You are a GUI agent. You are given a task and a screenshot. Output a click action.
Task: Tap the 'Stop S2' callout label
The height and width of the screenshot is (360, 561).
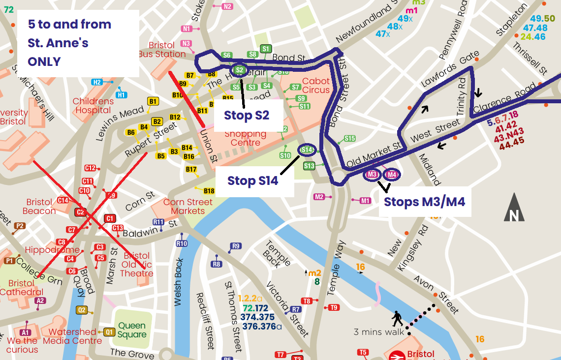[x=247, y=115]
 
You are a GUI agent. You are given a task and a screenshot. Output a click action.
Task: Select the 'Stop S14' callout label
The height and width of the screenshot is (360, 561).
[x=252, y=180]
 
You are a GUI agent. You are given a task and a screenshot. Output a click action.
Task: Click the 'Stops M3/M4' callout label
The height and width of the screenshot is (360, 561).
[x=424, y=202]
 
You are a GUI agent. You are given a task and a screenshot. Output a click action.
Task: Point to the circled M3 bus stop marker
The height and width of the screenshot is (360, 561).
[x=373, y=175]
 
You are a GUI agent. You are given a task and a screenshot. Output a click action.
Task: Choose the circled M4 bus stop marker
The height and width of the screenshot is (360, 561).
[x=391, y=175]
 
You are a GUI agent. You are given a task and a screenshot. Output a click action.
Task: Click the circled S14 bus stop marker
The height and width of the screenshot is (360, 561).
[x=307, y=150]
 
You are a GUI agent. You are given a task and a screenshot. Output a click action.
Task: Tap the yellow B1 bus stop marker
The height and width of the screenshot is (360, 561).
[x=153, y=102]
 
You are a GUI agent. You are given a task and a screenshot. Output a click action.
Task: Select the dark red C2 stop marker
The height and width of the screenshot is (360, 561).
[x=80, y=212]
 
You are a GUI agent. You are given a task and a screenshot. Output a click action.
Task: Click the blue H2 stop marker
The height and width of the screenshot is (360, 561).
[x=97, y=82]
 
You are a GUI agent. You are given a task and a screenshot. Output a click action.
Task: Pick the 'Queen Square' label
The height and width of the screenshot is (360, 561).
[x=131, y=330]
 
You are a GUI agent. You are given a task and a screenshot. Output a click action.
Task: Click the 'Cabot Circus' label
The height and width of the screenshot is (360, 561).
[x=316, y=86]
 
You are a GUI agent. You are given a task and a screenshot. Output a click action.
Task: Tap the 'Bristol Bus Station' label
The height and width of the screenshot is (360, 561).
[x=162, y=50]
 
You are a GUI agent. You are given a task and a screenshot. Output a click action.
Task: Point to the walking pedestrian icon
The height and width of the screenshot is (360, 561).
[x=397, y=319]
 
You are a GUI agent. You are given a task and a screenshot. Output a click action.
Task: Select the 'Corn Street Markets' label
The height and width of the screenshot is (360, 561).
[x=187, y=207]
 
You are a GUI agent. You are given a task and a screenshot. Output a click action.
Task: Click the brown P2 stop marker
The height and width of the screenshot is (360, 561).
[x=19, y=226]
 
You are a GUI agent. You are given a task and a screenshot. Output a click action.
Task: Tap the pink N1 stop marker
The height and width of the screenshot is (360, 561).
[x=187, y=29]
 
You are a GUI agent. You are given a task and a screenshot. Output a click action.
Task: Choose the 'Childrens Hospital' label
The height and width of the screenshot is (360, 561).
[x=93, y=106]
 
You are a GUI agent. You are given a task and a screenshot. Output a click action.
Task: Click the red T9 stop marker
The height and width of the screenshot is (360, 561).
[x=334, y=308]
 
